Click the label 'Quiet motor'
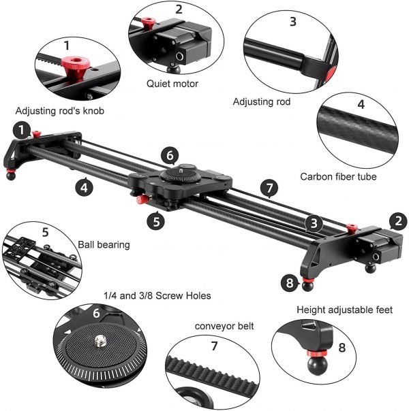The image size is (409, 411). [x=172, y=85]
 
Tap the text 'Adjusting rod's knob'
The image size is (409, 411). [x=60, y=110]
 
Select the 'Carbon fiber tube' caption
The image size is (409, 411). [x=338, y=176]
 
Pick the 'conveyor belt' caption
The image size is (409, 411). [x=224, y=326]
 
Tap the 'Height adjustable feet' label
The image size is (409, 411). [x=344, y=310]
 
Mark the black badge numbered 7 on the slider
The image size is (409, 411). [x=270, y=187]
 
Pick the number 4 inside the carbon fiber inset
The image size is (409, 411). [x=361, y=105]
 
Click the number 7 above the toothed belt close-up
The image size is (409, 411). [x=214, y=347]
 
